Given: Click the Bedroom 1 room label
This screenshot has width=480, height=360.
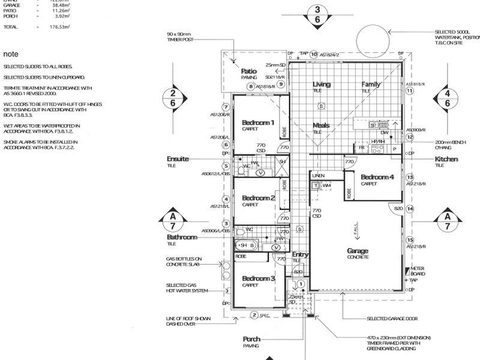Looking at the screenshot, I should click(x=258, y=122).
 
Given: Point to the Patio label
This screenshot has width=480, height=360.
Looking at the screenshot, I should click(x=249, y=71).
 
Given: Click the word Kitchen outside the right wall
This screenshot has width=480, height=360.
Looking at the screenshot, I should click(x=446, y=159).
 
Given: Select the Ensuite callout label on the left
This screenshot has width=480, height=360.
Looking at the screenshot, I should click(x=178, y=158).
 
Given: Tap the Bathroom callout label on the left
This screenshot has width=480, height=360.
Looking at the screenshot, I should click(x=182, y=238).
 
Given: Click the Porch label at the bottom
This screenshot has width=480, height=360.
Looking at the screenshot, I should click(x=251, y=338).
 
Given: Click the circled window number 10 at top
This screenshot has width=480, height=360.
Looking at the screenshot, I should click(x=313, y=55).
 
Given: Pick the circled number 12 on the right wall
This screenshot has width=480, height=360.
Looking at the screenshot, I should click(x=410, y=137).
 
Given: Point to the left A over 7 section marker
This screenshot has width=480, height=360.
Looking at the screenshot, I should click(x=173, y=220).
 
